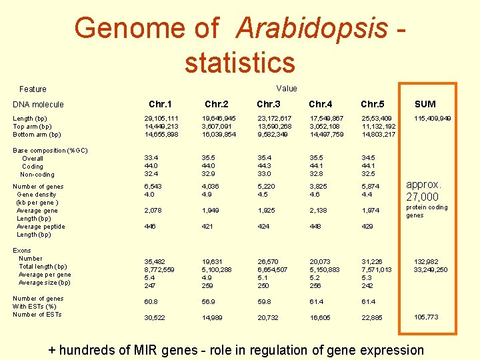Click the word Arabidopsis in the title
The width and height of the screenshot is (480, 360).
pyautogui.click(x=311, y=28)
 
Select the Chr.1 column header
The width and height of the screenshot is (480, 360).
pyautogui.click(x=160, y=104)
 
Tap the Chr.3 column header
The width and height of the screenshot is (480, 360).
pyautogui.click(x=269, y=104)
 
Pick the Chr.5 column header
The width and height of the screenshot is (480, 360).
pyautogui.click(x=373, y=104)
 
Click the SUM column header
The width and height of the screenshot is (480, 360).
pyautogui.click(x=425, y=104)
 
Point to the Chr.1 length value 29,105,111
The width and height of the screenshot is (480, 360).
pyautogui.click(x=161, y=119)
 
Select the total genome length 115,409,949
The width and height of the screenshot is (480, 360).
pyautogui.click(x=432, y=119)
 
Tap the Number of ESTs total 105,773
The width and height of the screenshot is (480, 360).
pyautogui.click(x=426, y=317)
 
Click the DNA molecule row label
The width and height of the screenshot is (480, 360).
pyautogui.click(x=39, y=105)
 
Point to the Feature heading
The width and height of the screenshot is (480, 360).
pyautogui.click(x=33, y=89)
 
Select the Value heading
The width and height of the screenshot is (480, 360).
pyautogui.click(x=287, y=89)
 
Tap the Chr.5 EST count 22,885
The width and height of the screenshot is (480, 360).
pyautogui.click(x=372, y=318)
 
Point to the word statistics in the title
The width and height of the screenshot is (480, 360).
pyautogui.click(x=239, y=63)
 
